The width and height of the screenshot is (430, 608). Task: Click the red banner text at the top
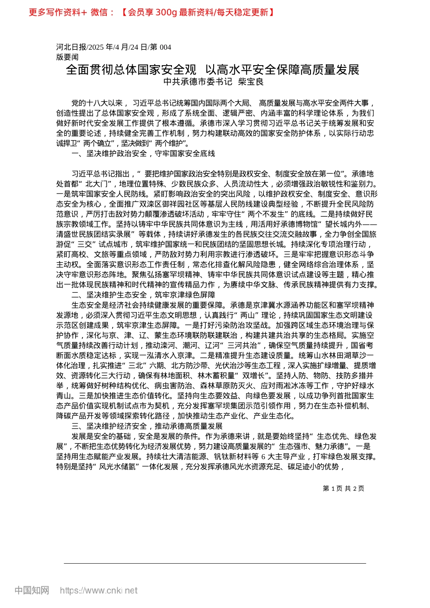coord(152,12)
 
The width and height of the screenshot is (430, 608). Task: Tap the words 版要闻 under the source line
coord(67,57)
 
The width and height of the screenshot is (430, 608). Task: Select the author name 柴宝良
coord(251,82)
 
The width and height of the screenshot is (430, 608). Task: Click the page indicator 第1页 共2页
coord(344,489)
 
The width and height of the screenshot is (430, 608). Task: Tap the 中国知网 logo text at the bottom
coord(32,590)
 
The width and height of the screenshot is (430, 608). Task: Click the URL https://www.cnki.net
coord(99,590)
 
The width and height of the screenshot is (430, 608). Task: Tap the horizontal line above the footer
coord(215,563)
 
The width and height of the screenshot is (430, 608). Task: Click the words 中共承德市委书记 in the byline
coord(198,82)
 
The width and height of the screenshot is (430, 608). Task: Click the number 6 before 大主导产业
coord(263,456)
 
